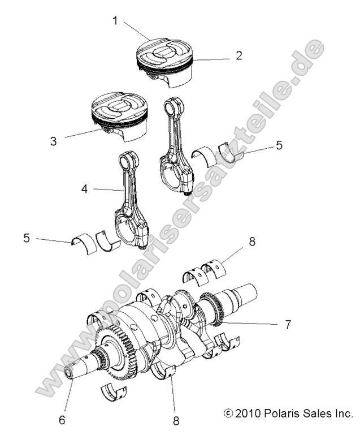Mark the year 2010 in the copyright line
click(244, 413)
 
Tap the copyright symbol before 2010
click(228, 413)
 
